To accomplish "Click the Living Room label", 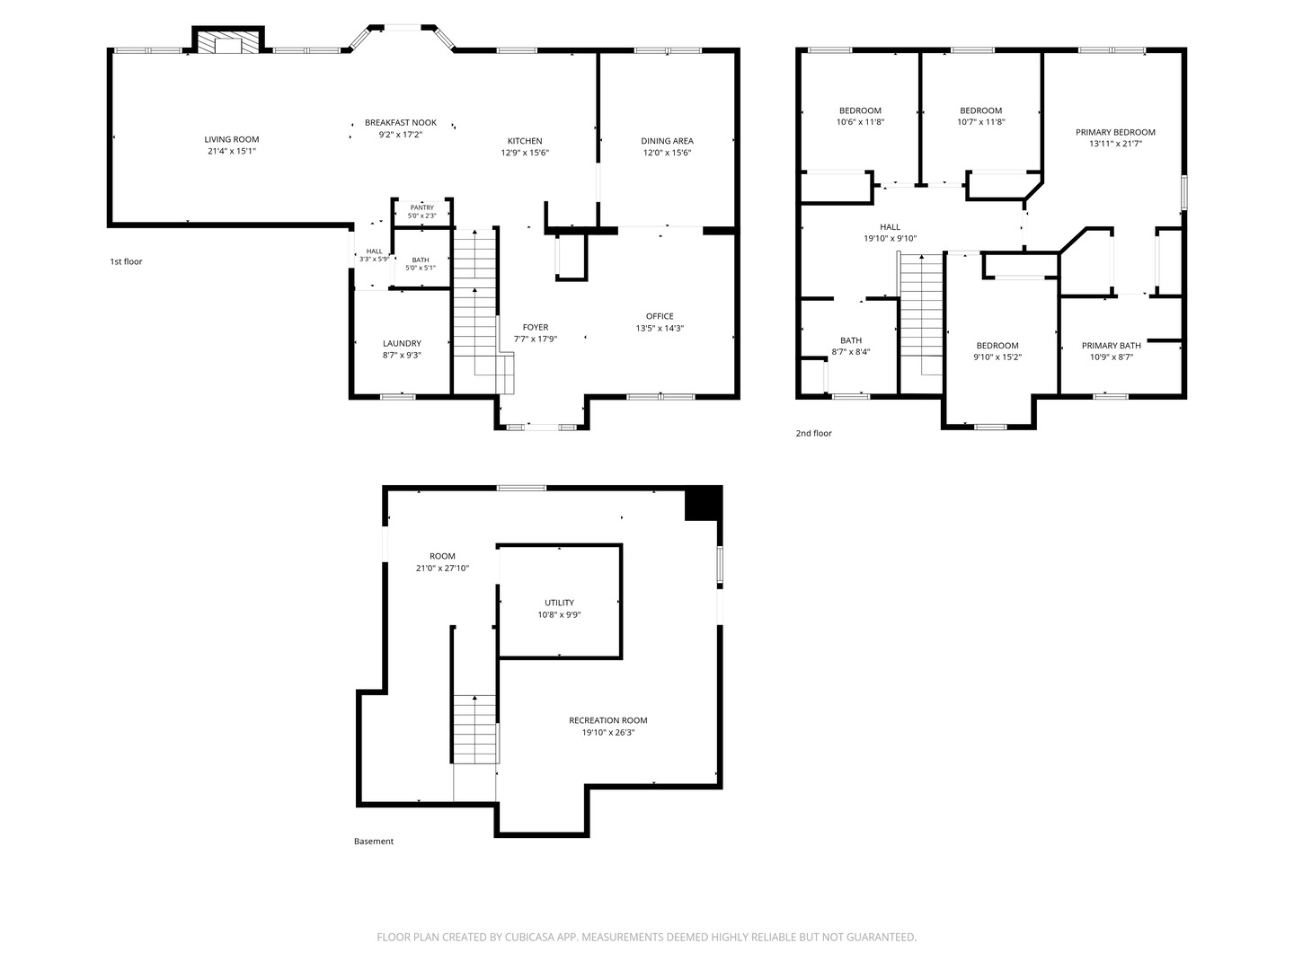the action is pyautogui.click(x=232, y=139).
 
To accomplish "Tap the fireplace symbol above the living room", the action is pyautogui.click(x=227, y=42).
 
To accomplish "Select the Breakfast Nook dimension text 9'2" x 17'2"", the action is pyautogui.click(x=401, y=135).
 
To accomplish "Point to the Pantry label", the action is pyautogui.click(x=422, y=207).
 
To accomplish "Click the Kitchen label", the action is pyautogui.click(x=525, y=141).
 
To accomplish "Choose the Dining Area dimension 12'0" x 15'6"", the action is pyautogui.click(x=667, y=153).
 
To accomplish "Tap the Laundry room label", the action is pyautogui.click(x=402, y=343).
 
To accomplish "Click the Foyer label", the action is pyautogui.click(x=536, y=328).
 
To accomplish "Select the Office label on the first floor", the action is pyautogui.click(x=659, y=316).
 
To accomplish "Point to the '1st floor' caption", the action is pyautogui.click(x=126, y=261).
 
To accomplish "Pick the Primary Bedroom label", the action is pyautogui.click(x=1115, y=133).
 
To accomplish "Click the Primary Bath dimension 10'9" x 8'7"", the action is pyautogui.click(x=1112, y=357).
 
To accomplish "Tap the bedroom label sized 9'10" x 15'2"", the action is pyautogui.click(x=997, y=346).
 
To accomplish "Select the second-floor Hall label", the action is pyautogui.click(x=891, y=226).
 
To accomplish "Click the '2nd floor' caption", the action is pyautogui.click(x=813, y=434).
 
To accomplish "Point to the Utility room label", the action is pyautogui.click(x=559, y=603).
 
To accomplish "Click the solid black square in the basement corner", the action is pyautogui.click(x=704, y=504).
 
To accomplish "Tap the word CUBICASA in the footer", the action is pyautogui.click(x=529, y=937).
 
